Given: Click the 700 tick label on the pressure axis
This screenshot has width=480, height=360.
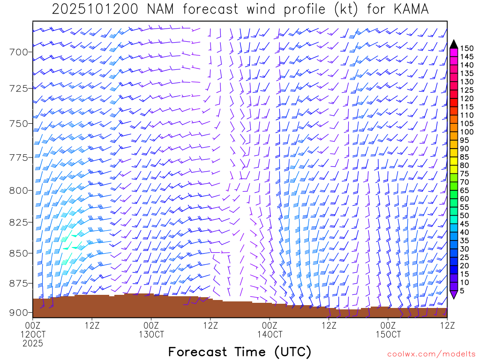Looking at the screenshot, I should pyautogui.click(x=19, y=52).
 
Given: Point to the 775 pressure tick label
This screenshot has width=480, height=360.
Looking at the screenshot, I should pyautogui.click(x=19, y=157).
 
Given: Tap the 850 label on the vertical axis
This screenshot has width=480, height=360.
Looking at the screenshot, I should pyautogui.click(x=19, y=253).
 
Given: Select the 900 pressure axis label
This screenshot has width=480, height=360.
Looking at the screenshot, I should pyautogui.click(x=19, y=313).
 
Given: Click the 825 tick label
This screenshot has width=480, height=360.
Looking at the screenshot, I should pyautogui.click(x=19, y=222).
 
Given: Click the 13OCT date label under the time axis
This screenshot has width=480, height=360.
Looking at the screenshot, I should pyautogui.click(x=151, y=335).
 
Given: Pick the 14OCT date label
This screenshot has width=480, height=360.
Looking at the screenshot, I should pyautogui.click(x=270, y=335).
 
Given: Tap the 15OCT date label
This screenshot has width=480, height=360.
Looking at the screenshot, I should pyautogui.click(x=389, y=335).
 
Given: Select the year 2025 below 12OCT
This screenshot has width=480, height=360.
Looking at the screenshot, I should pyautogui.click(x=33, y=344).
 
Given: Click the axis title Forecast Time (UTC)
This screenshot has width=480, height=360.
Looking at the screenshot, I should pyautogui.click(x=240, y=352).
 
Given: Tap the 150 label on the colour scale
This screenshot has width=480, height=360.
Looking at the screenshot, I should pyautogui.click(x=467, y=48).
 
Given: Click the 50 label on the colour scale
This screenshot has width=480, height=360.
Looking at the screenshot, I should pyautogui.click(x=465, y=216).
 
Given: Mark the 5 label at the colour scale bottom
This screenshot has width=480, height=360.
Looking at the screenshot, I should pyautogui.click(x=463, y=291).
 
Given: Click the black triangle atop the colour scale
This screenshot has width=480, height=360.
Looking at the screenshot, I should pyautogui.click(x=454, y=44).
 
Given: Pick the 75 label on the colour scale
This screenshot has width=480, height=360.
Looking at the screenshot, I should pyautogui.click(x=465, y=174).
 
